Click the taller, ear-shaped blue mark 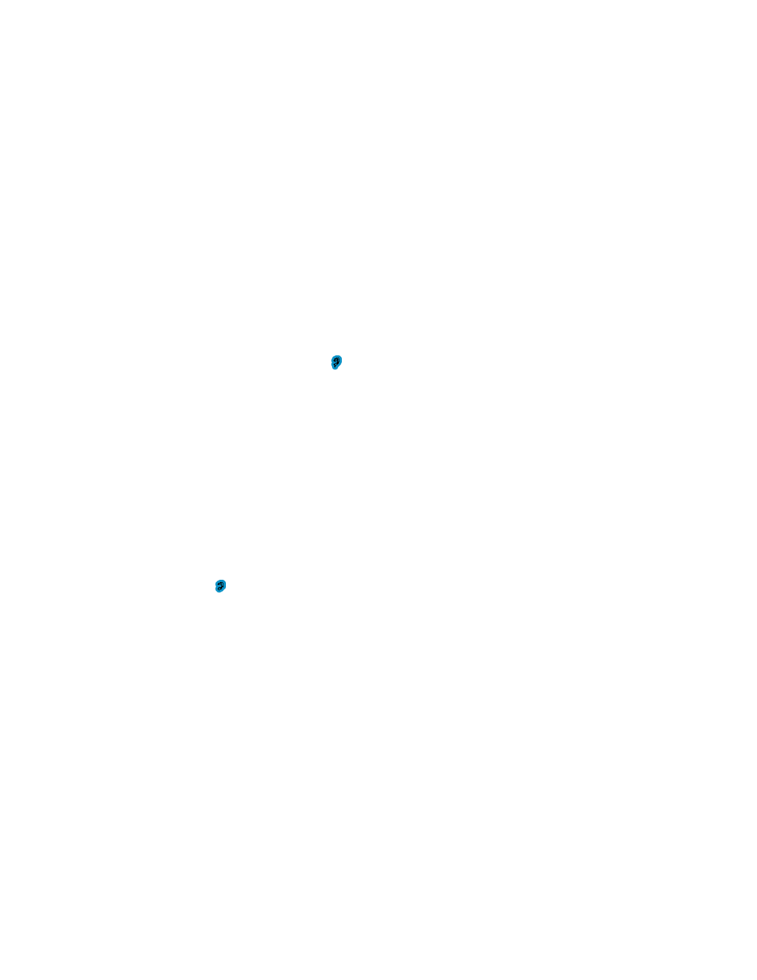(x=337, y=362)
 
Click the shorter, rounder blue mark (x=220, y=586)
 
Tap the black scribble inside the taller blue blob (x=337, y=361)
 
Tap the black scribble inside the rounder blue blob (x=220, y=586)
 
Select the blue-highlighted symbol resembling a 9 (x=337, y=362)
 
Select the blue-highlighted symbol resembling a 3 (x=220, y=586)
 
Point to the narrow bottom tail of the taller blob (x=335, y=368)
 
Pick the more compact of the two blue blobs (x=220, y=586)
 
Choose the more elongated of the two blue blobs (x=337, y=362)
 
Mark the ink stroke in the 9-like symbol (x=337, y=361)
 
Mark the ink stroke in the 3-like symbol (x=220, y=586)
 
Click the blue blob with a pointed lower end (x=337, y=362)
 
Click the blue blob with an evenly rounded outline (x=220, y=586)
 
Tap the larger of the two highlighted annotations (x=337, y=362)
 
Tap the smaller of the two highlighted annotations (x=220, y=586)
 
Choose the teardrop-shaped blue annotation (x=337, y=362)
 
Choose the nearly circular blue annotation (x=220, y=586)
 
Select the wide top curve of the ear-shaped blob (x=337, y=358)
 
